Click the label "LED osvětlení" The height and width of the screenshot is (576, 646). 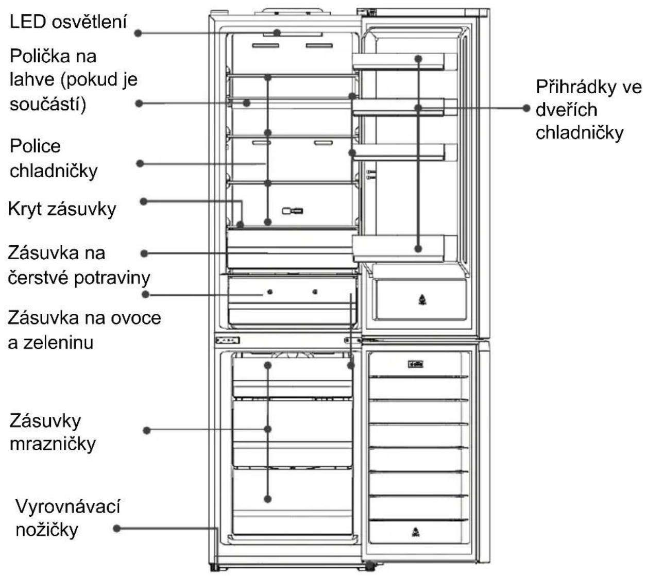pos(68,22)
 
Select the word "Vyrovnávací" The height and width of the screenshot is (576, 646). pos(68,506)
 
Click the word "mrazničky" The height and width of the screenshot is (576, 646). pos(53,444)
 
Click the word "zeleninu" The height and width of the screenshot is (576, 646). pos(58,343)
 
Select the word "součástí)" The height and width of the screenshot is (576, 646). pos(48,105)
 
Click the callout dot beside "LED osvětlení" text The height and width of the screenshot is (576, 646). pos(138,33)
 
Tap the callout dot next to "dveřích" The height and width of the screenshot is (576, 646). pos(526,108)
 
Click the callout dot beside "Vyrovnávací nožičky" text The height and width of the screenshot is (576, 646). pos(117,529)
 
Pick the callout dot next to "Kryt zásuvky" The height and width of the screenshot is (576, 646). pos(144,201)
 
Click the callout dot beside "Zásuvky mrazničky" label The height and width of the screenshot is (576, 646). pos(146,431)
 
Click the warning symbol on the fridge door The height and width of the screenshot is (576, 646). pos(422,300)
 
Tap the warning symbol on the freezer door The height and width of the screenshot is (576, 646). pos(416,532)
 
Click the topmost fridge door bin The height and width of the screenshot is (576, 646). pos(404,61)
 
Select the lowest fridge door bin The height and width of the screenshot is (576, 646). pos(404,248)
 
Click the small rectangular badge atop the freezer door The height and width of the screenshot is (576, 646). pos(416,364)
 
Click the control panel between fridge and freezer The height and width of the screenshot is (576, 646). pos(228,341)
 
